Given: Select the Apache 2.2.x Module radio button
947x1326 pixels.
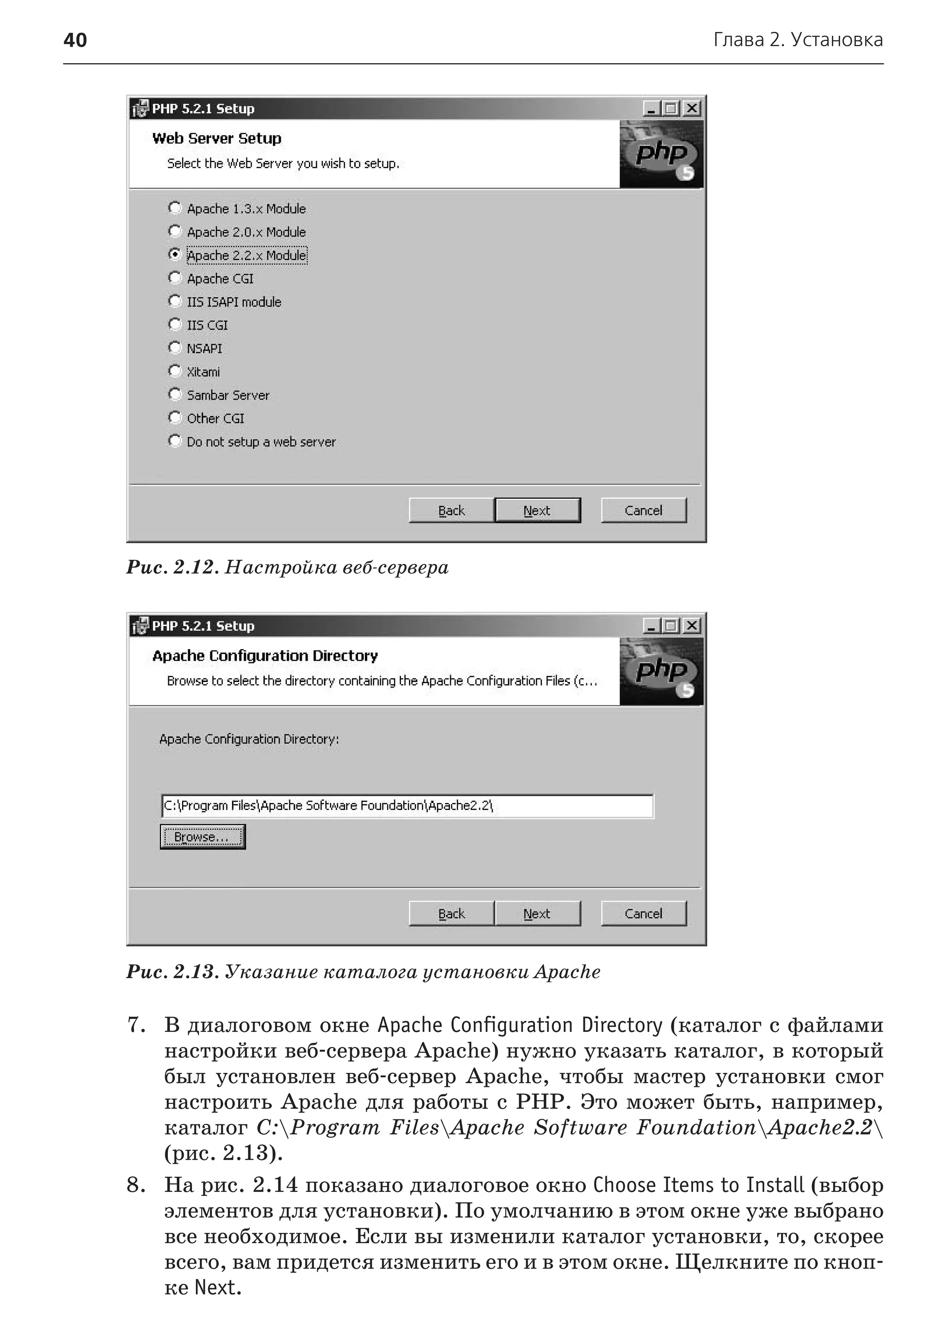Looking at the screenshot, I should point(174,254).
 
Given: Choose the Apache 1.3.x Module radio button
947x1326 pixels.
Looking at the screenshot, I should point(174,208).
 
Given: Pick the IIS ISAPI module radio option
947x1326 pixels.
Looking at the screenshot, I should point(174,301).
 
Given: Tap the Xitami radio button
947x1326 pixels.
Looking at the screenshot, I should point(174,371).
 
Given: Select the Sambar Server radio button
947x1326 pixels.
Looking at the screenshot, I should point(174,394).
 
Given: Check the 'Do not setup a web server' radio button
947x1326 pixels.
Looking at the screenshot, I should point(174,441).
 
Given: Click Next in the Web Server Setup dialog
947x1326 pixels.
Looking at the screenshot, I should point(537,510).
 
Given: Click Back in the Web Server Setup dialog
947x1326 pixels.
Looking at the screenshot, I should point(451,510).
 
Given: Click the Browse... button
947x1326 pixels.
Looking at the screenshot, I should point(203,837).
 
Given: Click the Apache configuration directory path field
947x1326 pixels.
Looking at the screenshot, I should point(406,806).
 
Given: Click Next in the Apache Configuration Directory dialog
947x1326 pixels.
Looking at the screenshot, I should point(537,914).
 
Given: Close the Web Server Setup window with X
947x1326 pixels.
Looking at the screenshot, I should point(692,109).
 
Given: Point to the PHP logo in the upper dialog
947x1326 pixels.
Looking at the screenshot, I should point(661,154).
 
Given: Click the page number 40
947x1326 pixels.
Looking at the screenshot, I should point(75,40).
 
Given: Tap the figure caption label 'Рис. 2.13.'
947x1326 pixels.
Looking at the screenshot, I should point(172,972).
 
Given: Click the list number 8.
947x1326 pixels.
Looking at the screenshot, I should point(136,1185).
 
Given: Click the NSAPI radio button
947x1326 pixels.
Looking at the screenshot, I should point(174,348).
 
